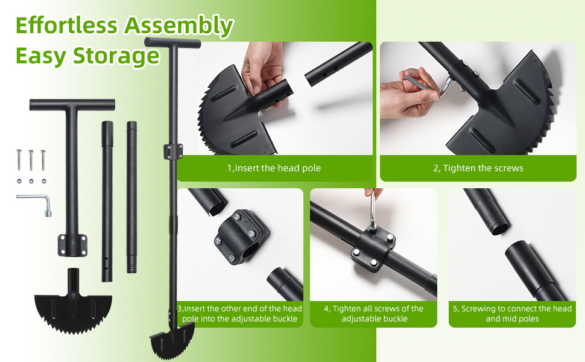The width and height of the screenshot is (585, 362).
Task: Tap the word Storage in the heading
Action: (116, 56)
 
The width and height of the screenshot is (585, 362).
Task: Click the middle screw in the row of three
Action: (31, 160)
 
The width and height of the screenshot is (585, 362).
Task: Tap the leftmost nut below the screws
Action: (19, 182)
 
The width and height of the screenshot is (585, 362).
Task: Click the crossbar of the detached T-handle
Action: (72, 104)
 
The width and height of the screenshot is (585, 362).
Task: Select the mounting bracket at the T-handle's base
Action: (72, 245)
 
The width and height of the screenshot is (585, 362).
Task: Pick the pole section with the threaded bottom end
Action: (131, 197)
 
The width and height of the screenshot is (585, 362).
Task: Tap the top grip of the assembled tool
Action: (172, 42)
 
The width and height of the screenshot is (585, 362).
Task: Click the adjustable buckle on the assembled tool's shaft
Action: (173, 151)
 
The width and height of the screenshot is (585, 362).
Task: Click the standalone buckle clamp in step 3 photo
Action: (241, 237)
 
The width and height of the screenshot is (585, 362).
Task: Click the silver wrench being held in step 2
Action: (428, 84)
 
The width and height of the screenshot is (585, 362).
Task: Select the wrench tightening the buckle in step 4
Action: (372, 211)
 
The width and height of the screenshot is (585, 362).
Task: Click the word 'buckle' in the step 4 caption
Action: (393, 319)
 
